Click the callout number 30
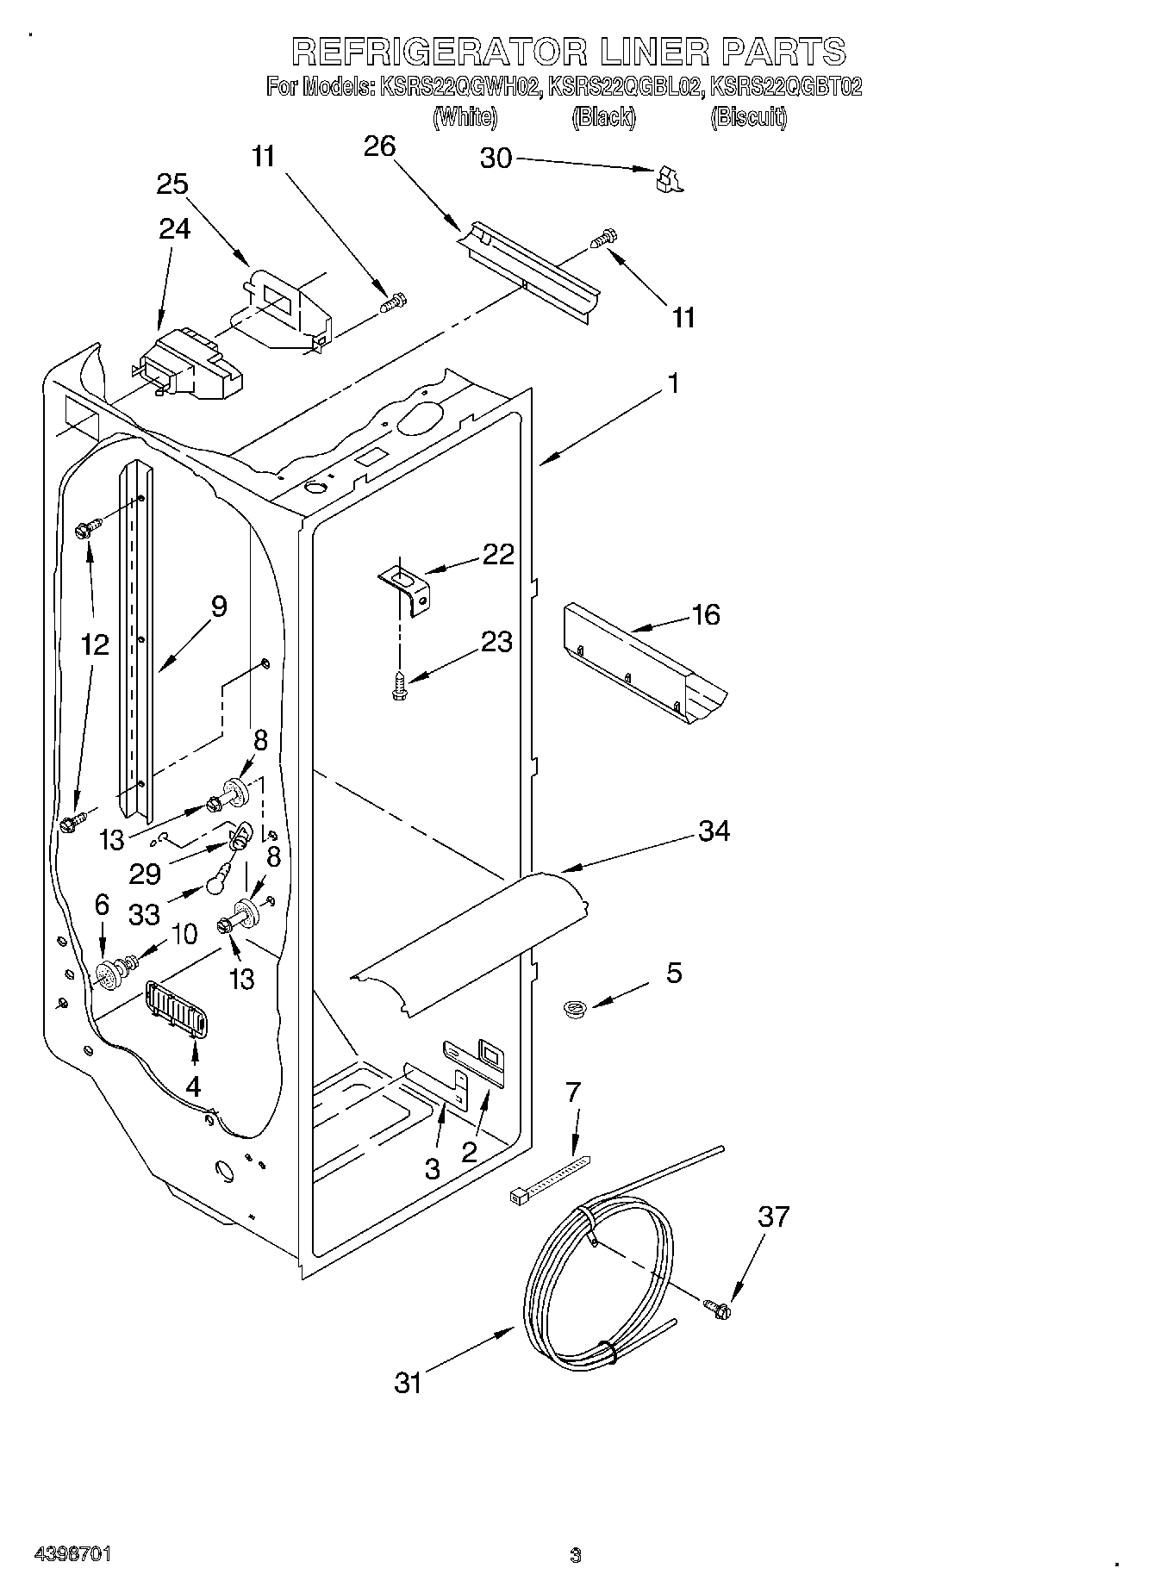[496, 159]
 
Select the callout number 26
[379, 146]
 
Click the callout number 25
[172, 184]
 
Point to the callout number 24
[175, 228]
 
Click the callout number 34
[714, 831]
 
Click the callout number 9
[219, 607]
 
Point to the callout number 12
[95, 644]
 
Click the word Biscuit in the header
[748, 117]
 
